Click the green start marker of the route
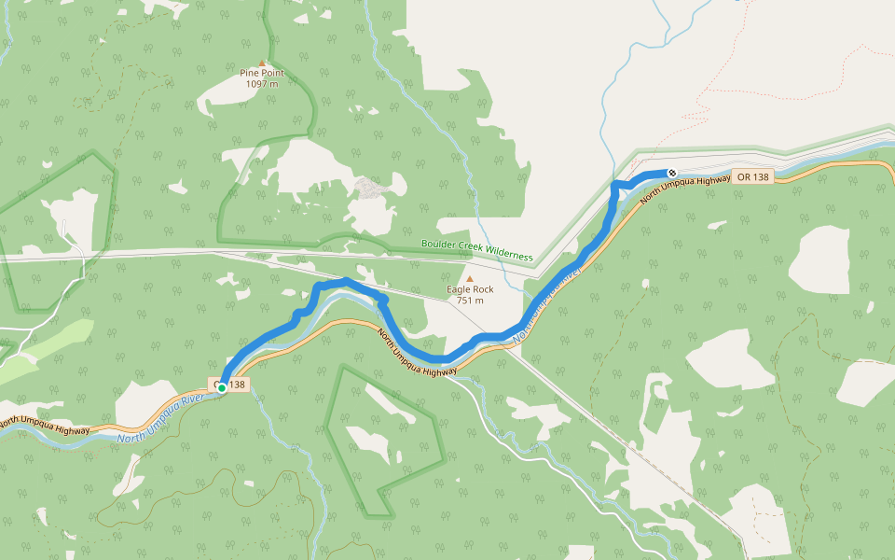coord(222,388)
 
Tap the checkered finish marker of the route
coord(671,173)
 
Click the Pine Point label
coord(262,73)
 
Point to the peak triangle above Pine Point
coord(262,63)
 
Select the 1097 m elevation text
coord(262,84)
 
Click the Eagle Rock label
coord(470,289)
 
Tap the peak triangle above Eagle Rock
coord(470,278)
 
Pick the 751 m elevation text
coord(470,301)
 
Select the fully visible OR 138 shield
coord(753,177)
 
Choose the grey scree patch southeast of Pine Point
coord(373,189)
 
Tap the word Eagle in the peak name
coord(458,289)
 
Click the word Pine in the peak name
coord(250,73)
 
